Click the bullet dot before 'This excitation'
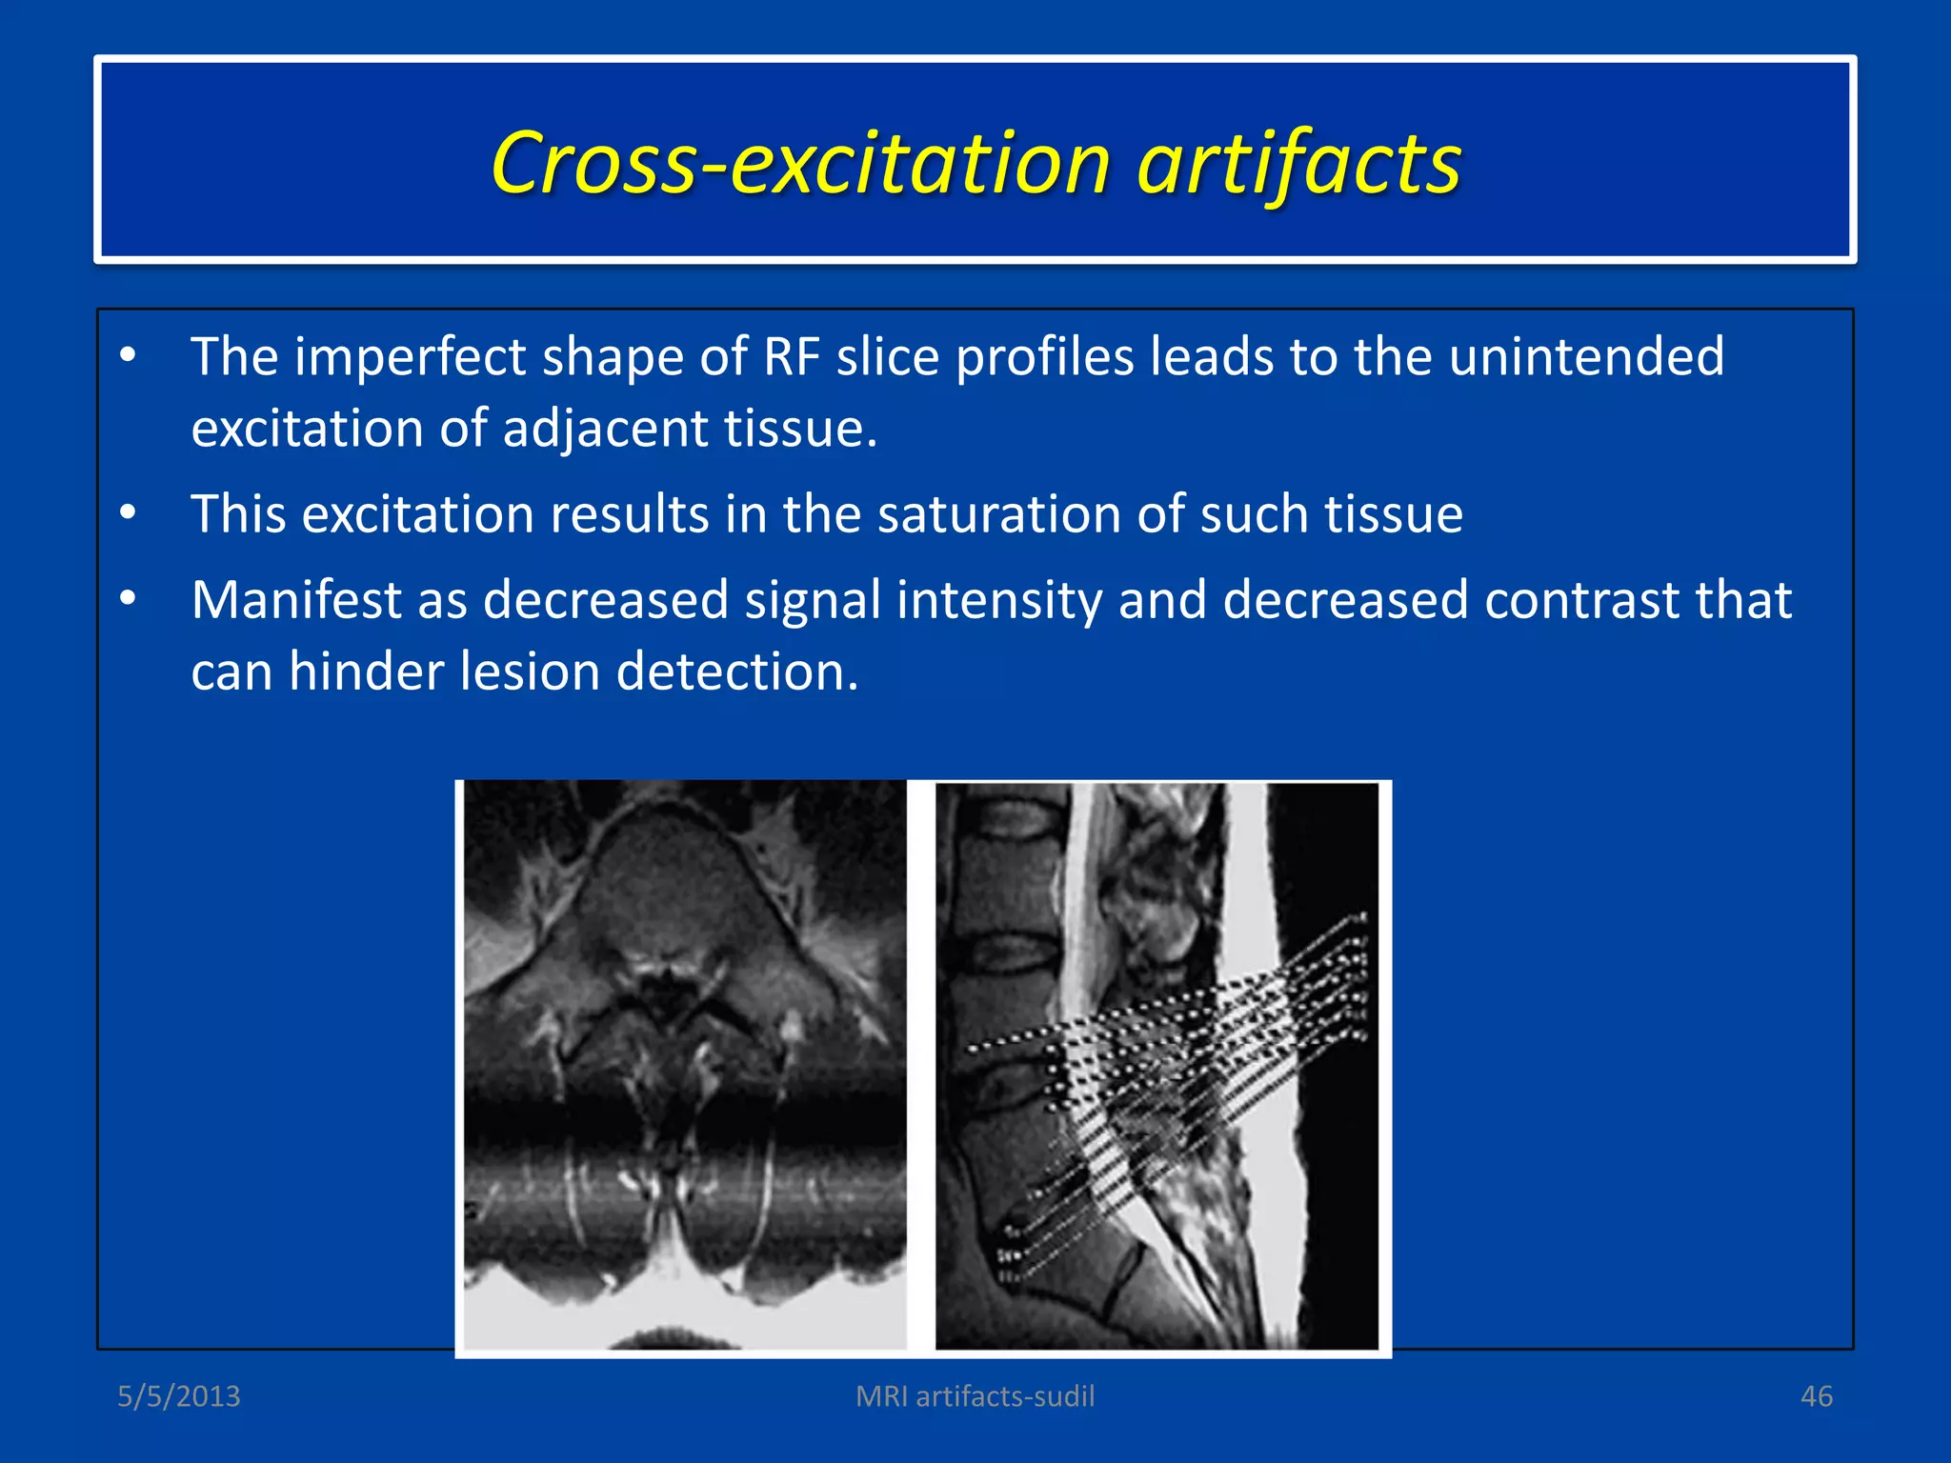pos(128,513)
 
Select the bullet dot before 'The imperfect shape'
pos(128,356)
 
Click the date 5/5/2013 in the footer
pos(179,1396)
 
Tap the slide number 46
pos(1816,1396)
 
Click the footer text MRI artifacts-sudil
pos(975,1396)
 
